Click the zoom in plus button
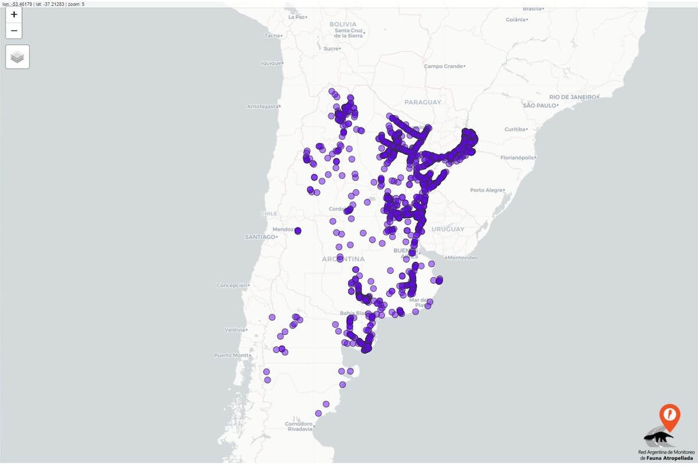point(14,15)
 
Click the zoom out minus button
point(14,31)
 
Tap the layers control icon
point(17,57)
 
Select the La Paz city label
point(297,17)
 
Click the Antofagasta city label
point(262,106)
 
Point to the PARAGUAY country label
point(423,102)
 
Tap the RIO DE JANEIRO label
point(572,96)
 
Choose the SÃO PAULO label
point(539,105)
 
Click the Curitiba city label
point(515,129)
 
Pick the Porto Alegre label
point(486,190)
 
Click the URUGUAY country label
point(448,229)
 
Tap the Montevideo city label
point(462,257)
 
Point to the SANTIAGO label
point(259,237)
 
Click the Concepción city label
point(232,285)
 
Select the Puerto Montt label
point(230,355)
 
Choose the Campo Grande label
point(443,66)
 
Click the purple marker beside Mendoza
point(298,231)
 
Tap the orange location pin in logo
point(669,416)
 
